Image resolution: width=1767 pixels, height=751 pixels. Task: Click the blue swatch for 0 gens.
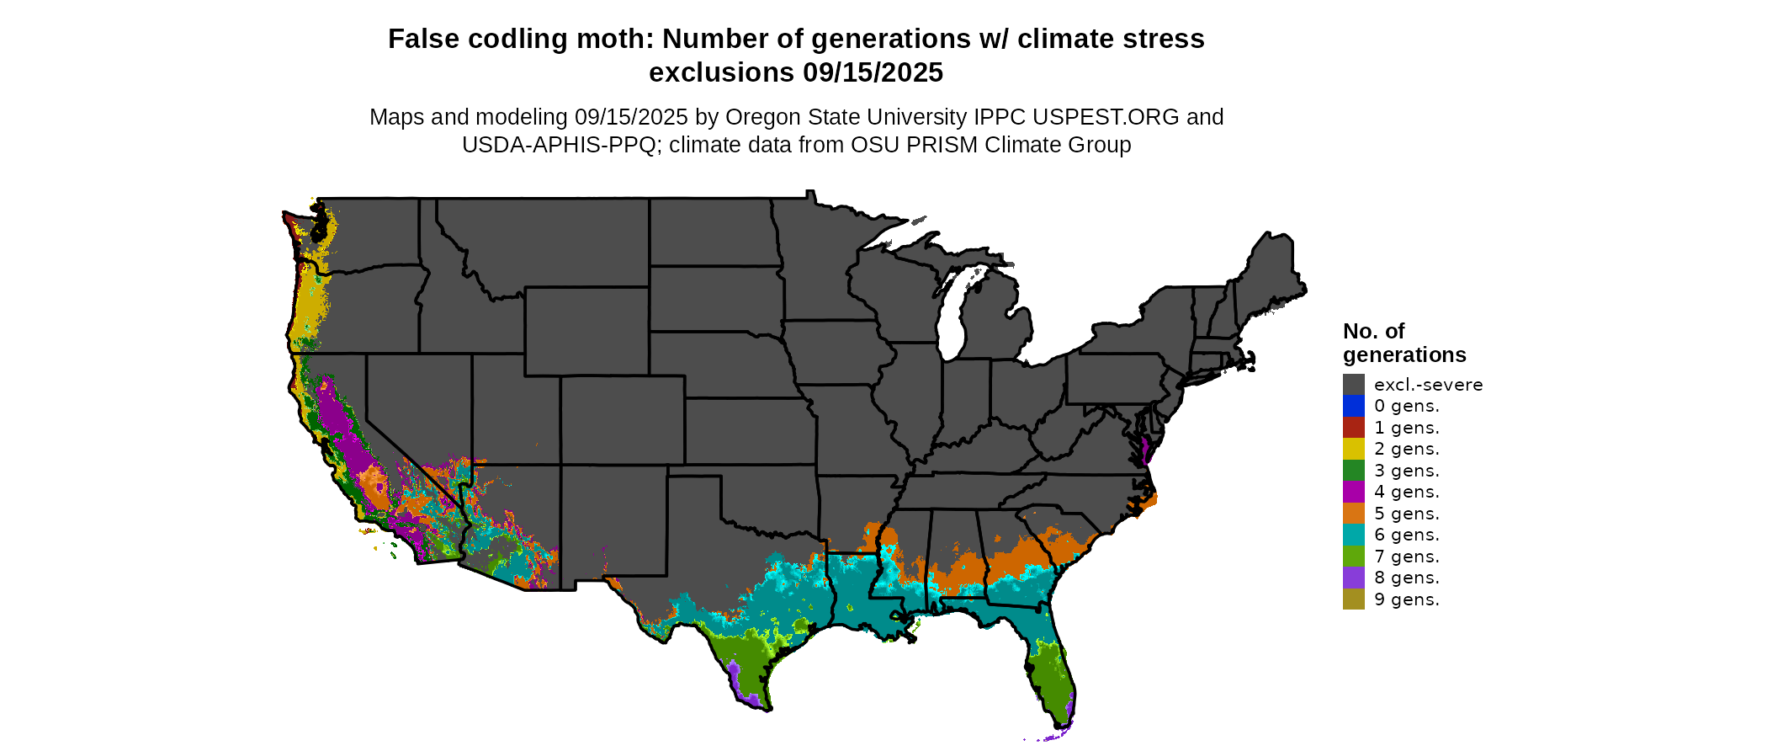pyautogui.click(x=1353, y=406)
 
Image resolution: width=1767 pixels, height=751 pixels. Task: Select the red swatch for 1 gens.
pyautogui.click(x=1353, y=428)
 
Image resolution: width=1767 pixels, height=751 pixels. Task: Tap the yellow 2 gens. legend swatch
pyautogui.click(x=1353, y=449)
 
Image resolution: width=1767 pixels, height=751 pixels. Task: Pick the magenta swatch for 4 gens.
pyautogui.click(x=1353, y=492)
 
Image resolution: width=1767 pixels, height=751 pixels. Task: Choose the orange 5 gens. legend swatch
pyautogui.click(x=1353, y=514)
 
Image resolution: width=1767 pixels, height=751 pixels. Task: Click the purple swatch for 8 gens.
pyautogui.click(x=1353, y=578)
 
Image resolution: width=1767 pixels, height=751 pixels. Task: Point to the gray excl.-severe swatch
pyautogui.click(x=1353, y=385)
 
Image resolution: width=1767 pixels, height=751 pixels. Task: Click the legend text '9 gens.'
pyautogui.click(x=1406, y=599)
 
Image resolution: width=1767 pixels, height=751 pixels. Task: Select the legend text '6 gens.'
pyautogui.click(x=1406, y=535)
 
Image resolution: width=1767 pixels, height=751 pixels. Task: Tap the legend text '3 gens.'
pyautogui.click(x=1406, y=471)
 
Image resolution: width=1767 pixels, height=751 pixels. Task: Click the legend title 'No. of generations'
pyautogui.click(x=1404, y=343)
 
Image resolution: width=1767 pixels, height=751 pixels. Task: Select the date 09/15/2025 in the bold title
pyautogui.click(x=873, y=72)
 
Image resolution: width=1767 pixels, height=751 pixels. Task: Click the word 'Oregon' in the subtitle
pyautogui.click(x=760, y=117)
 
